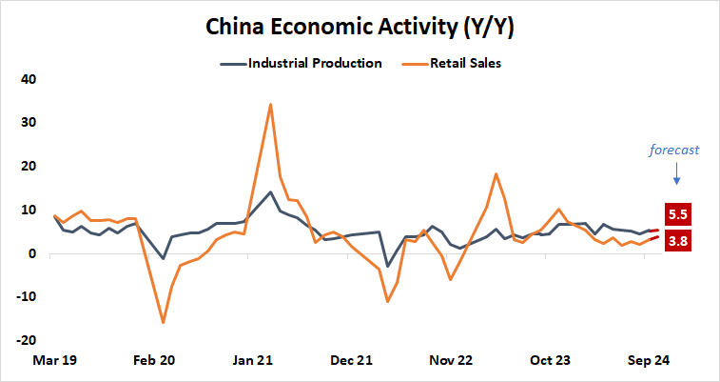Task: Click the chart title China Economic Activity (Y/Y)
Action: [360, 28]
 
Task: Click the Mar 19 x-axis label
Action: [55, 361]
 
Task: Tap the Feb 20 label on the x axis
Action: [154, 361]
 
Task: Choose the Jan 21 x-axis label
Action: [253, 361]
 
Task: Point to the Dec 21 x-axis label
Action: [351, 361]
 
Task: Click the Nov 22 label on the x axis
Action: [450, 361]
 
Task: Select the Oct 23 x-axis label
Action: [549, 361]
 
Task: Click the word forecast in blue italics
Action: [674, 150]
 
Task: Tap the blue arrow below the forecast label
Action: [676, 172]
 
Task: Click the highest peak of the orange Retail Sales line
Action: [271, 105]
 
